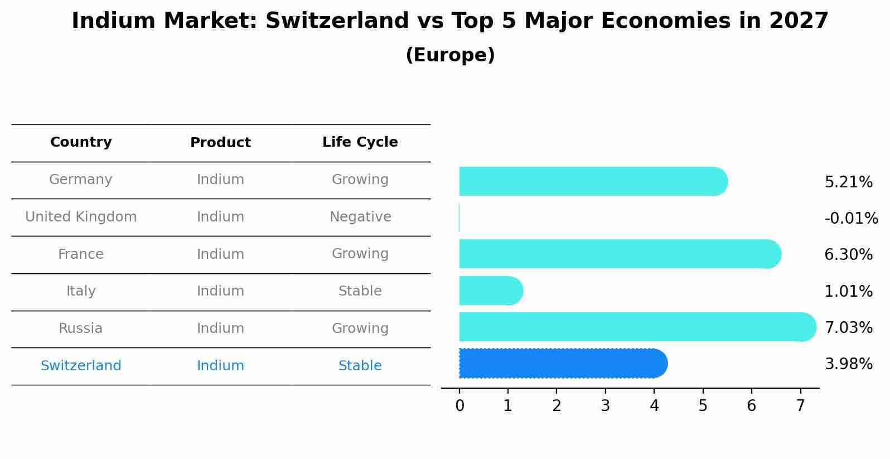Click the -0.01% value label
pyautogui.click(x=851, y=218)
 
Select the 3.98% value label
pyautogui.click(x=848, y=364)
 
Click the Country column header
pyautogui.click(x=81, y=142)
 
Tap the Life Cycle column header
pyautogui.click(x=360, y=142)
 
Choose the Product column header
pyautogui.click(x=220, y=143)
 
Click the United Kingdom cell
pyautogui.click(x=81, y=217)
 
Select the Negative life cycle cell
pyautogui.click(x=360, y=217)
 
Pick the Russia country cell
pyautogui.click(x=81, y=328)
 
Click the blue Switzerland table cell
pyautogui.click(x=81, y=366)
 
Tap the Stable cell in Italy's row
pyautogui.click(x=360, y=291)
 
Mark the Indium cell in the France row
pyautogui.click(x=220, y=254)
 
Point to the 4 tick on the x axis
pyautogui.click(x=654, y=406)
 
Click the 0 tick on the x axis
pyautogui.click(x=459, y=406)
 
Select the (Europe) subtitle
pyautogui.click(x=450, y=55)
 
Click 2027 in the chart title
pyautogui.click(x=799, y=21)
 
